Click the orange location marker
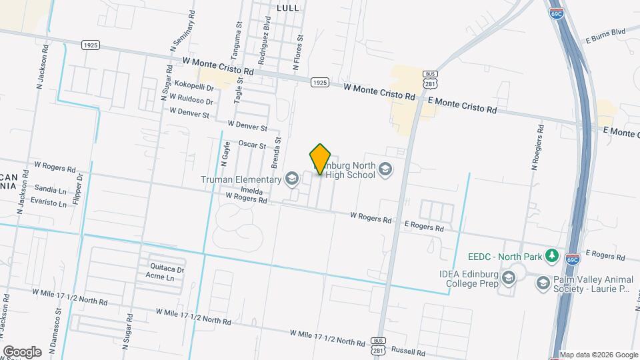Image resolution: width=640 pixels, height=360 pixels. (321, 159)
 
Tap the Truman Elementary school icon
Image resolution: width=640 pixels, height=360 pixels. (291, 179)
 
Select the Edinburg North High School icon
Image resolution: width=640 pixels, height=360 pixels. (385, 171)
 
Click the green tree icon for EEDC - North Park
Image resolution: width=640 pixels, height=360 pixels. (551, 255)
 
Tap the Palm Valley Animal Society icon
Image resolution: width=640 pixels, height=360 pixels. (543, 283)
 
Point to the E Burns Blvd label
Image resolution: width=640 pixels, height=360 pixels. (605, 31)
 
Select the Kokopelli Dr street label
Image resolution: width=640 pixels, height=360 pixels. (193, 87)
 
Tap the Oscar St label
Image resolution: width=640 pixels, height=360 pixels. (252, 145)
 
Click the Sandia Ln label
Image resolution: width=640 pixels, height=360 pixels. (50, 189)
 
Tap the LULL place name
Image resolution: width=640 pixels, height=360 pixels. (287, 7)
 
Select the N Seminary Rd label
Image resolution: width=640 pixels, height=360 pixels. (183, 31)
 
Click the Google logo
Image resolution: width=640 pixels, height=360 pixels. (22, 351)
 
